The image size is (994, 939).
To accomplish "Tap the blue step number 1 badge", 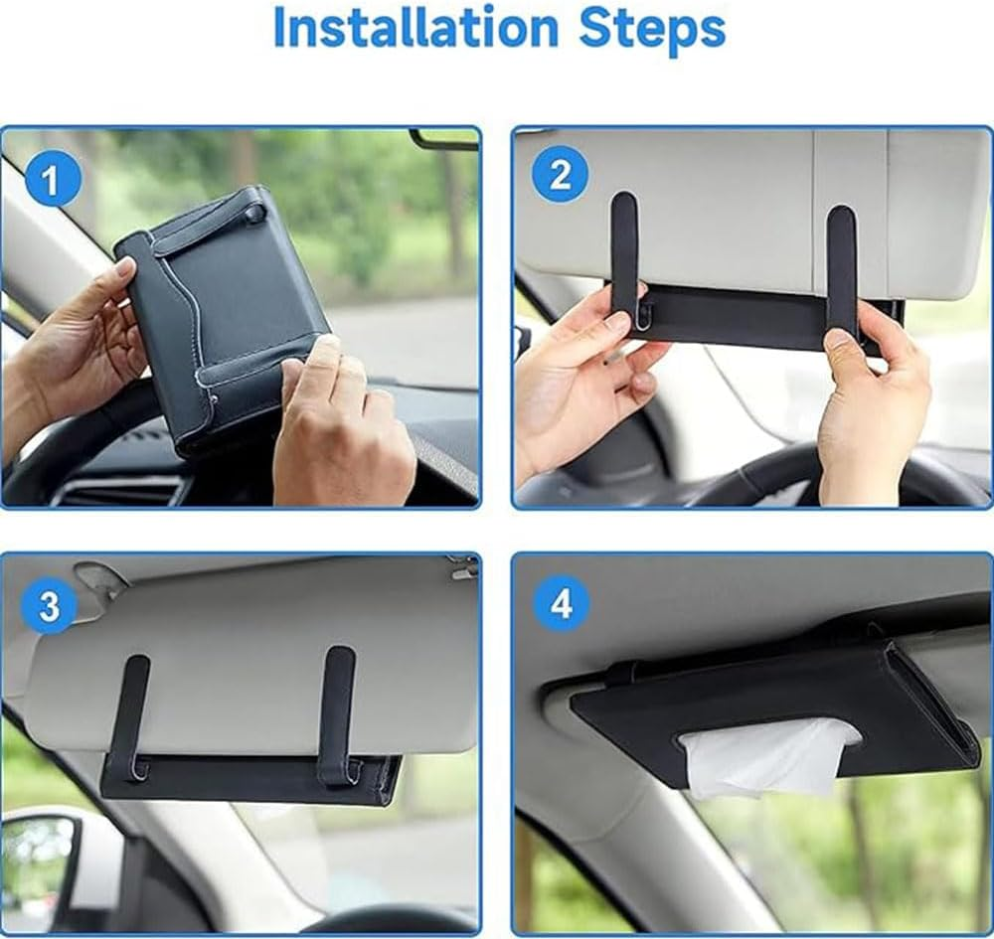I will pyautogui.click(x=51, y=181).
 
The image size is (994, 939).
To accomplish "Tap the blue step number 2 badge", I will pyautogui.click(x=560, y=175).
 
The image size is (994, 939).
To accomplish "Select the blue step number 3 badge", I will pyautogui.click(x=48, y=605).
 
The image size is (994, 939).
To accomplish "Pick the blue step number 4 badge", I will pyautogui.click(x=561, y=602).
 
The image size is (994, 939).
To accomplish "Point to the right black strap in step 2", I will pyautogui.click(x=841, y=263).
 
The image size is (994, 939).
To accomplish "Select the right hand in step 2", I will pyautogui.click(x=870, y=407).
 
